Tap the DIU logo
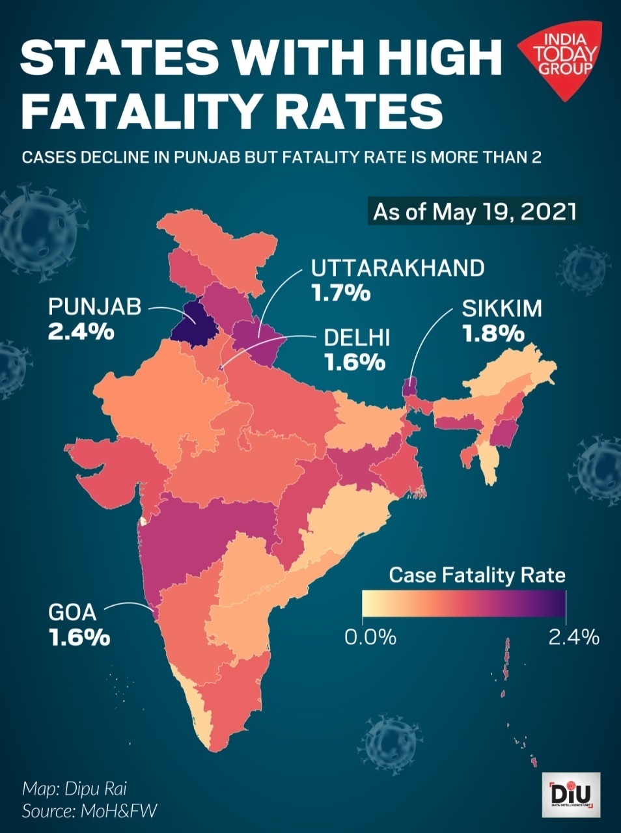(x=571, y=795)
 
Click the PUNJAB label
(x=94, y=307)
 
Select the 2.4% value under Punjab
(x=81, y=332)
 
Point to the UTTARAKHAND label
(x=398, y=267)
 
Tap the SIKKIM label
(x=502, y=308)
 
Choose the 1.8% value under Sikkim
(x=493, y=333)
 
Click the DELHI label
(x=357, y=337)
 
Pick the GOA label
(x=72, y=612)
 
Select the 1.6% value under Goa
(x=79, y=637)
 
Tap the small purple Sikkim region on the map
(x=410, y=386)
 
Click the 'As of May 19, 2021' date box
(x=475, y=212)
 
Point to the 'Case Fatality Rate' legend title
(x=477, y=575)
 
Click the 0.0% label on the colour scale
(x=370, y=636)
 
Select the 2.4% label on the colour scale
(x=573, y=636)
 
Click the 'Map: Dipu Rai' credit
(x=74, y=789)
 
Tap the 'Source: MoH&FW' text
(x=90, y=811)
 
